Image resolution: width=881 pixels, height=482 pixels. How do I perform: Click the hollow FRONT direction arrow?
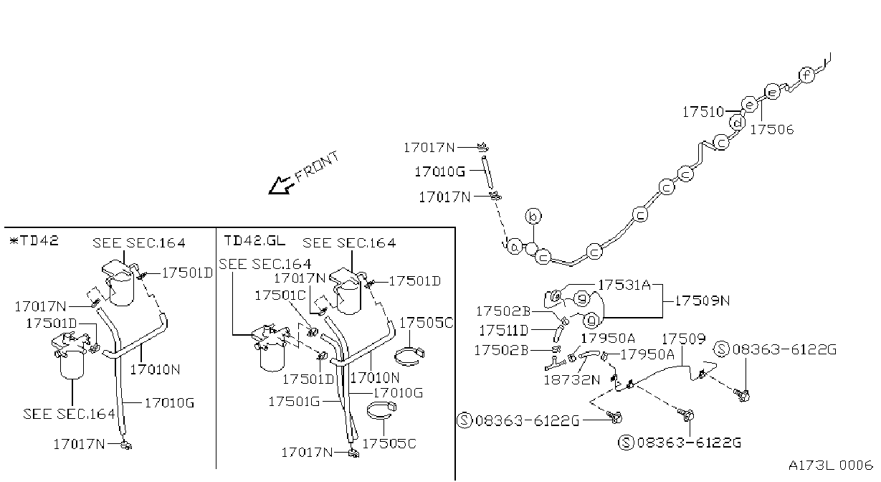point(281,185)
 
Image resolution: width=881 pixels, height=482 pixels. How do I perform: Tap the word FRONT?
point(317,167)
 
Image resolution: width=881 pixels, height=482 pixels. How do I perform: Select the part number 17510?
point(703,112)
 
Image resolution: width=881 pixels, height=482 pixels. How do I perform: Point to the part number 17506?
point(771,129)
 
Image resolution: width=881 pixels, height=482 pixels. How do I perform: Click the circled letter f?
point(806,75)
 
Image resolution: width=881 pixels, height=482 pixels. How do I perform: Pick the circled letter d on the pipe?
point(738,123)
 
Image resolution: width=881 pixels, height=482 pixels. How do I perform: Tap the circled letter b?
point(533,217)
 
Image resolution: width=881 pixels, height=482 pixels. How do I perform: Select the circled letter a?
point(515,247)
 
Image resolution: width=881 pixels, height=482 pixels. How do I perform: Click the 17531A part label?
point(624,285)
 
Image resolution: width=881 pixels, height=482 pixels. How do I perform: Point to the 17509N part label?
point(703,301)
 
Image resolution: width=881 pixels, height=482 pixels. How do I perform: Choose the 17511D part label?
point(503,331)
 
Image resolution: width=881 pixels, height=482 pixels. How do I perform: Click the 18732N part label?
point(572,379)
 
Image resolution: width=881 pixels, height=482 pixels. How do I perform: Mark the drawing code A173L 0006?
point(831,466)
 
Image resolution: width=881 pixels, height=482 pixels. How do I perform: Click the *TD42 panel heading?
point(34,240)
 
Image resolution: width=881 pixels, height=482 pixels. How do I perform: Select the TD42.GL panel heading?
point(254,240)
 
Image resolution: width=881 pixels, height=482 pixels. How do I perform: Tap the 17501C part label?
point(280,296)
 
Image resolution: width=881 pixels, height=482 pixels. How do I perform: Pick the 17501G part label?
point(294,402)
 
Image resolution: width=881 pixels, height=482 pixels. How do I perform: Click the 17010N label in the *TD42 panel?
point(155,369)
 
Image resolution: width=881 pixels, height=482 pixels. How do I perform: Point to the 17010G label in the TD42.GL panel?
point(398,392)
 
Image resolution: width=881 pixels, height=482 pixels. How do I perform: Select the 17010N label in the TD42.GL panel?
point(375,378)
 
